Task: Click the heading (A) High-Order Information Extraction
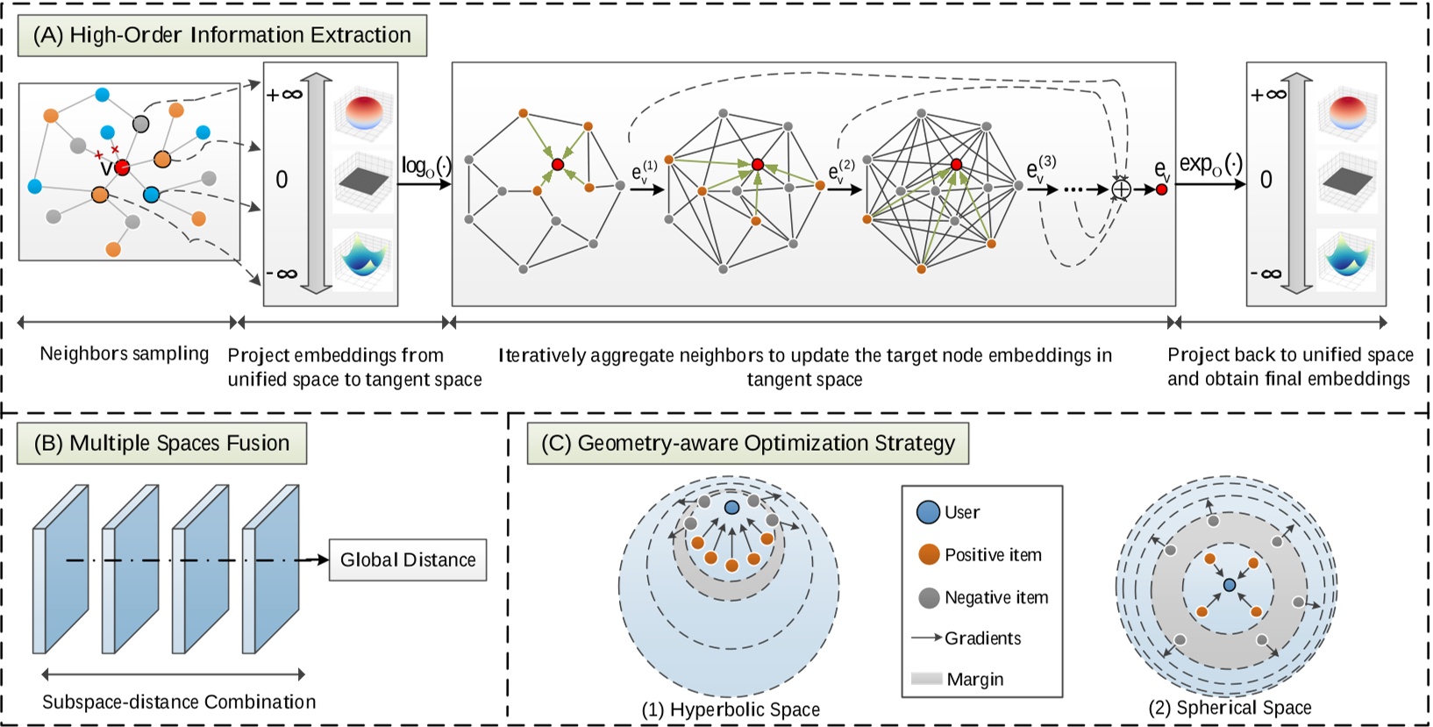tap(222, 35)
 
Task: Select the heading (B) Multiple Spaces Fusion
tap(161, 443)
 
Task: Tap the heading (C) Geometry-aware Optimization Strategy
tap(747, 443)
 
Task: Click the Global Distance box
tap(407, 560)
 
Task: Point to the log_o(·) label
tap(425, 166)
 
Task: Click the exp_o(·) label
tap(1210, 164)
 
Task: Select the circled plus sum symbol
tap(1121, 189)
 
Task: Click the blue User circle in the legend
tap(928, 512)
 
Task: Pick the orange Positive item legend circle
tap(929, 554)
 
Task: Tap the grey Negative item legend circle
tap(929, 598)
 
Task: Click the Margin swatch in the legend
tap(926, 679)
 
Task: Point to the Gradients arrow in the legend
tap(926, 638)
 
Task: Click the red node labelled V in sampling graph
tap(122, 167)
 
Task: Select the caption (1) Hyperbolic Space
tap(731, 709)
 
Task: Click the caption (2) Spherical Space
tap(1230, 708)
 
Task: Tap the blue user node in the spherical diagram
tap(1230, 584)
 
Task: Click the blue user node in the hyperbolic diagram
tap(731, 507)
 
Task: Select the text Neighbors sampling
tap(125, 353)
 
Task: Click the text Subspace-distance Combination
tap(179, 702)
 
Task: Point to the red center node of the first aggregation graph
tap(557, 165)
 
